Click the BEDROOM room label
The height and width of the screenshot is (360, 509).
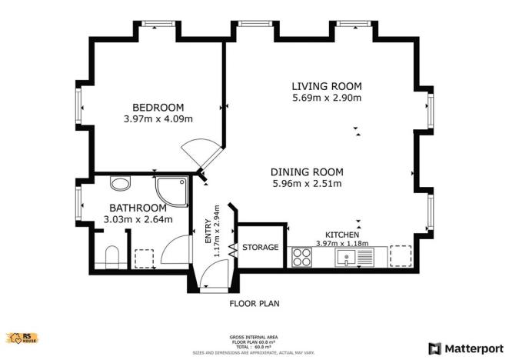[x=158, y=107]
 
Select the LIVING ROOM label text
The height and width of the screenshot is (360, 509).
[x=326, y=86]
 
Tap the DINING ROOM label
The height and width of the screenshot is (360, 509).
[x=307, y=172]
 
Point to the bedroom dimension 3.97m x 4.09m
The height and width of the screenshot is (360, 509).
[x=158, y=119]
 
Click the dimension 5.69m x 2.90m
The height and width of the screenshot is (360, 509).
[x=326, y=98]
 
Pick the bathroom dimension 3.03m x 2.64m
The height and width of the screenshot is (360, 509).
[x=138, y=220]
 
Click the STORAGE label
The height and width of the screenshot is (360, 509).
[x=260, y=248]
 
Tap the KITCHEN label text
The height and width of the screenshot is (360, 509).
[x=342, y=235]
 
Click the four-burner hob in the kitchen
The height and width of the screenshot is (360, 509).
[x=301, y=257]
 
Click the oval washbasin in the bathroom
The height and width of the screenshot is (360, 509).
[x=120, y=184]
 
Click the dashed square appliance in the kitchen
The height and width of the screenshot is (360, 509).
[x=401, y=256]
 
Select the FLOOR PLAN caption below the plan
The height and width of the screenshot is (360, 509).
[x=254, y=303]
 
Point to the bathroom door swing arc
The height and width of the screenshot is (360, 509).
[x=176, y=251]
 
